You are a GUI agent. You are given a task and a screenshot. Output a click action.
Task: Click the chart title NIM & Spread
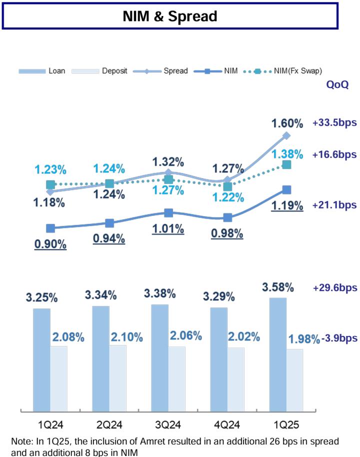[x=170, y=16]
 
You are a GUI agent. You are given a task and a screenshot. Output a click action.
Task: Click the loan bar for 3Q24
[x=159, y=357]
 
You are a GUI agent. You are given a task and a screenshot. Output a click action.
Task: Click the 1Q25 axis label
[x=286, y=425]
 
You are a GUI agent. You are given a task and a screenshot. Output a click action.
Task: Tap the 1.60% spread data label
[x=287, y=123]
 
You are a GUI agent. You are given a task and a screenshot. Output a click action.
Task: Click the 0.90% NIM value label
[x=50, y=244]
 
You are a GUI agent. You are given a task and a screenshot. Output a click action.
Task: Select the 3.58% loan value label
[x=278, y=287]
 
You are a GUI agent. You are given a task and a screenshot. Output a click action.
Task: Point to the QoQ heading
[x=337, y=85]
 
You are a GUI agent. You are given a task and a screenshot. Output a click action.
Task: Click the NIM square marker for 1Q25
[x=286, y=189]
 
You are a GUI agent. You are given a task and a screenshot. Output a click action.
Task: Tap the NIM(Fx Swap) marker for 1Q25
[x=286, y=164]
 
